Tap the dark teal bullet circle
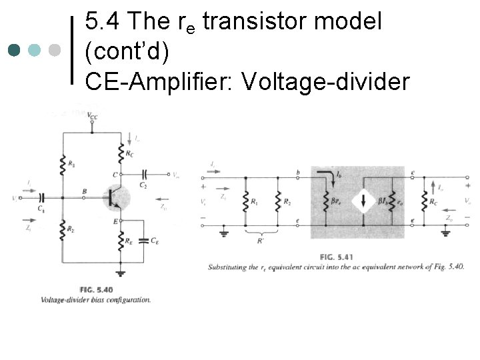pos(15,50)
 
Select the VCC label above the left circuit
pos(91,116)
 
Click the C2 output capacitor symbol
pos(143,175)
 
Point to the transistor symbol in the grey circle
pos(115,197)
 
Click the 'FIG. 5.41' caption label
pos(335,257)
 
